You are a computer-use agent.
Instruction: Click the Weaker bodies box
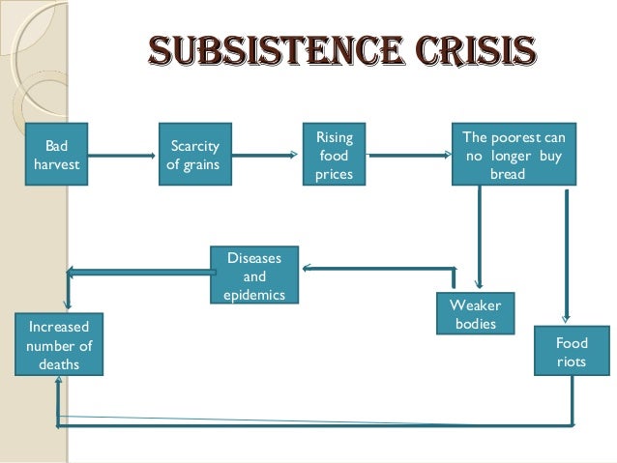pos(475,313)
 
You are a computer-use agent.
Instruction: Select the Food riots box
pos(571,352)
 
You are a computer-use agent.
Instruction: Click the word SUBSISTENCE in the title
pos(256,49)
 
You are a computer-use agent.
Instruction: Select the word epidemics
pos(254,294)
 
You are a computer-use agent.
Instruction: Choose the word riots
pos(571,362)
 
